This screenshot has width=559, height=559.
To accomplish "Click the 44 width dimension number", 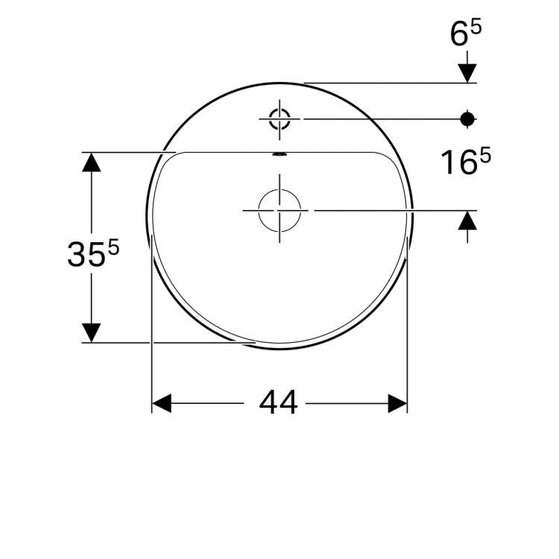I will click(279, 403).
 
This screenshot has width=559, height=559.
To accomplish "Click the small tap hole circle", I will click(279, 118).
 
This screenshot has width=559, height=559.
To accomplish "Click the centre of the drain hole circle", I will click(279, 210).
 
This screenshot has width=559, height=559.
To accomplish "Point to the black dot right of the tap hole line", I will click(467, 118).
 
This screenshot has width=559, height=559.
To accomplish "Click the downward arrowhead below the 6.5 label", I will click(467, 72).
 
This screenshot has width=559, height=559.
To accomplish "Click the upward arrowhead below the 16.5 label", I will click(467, 221).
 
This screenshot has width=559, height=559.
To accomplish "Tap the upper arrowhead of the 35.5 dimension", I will click(91, 162).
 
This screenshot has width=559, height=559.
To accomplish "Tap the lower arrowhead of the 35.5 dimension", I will click(91, 332).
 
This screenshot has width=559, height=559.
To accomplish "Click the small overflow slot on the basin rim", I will click(279, 155).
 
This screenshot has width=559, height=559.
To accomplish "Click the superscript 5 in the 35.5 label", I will click(114, 247).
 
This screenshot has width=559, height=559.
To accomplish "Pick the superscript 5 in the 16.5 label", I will click(485, 155).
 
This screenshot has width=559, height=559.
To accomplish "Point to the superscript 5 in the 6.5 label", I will click(476, 27).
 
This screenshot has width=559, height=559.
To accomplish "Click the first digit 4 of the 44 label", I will click(269, 403).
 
